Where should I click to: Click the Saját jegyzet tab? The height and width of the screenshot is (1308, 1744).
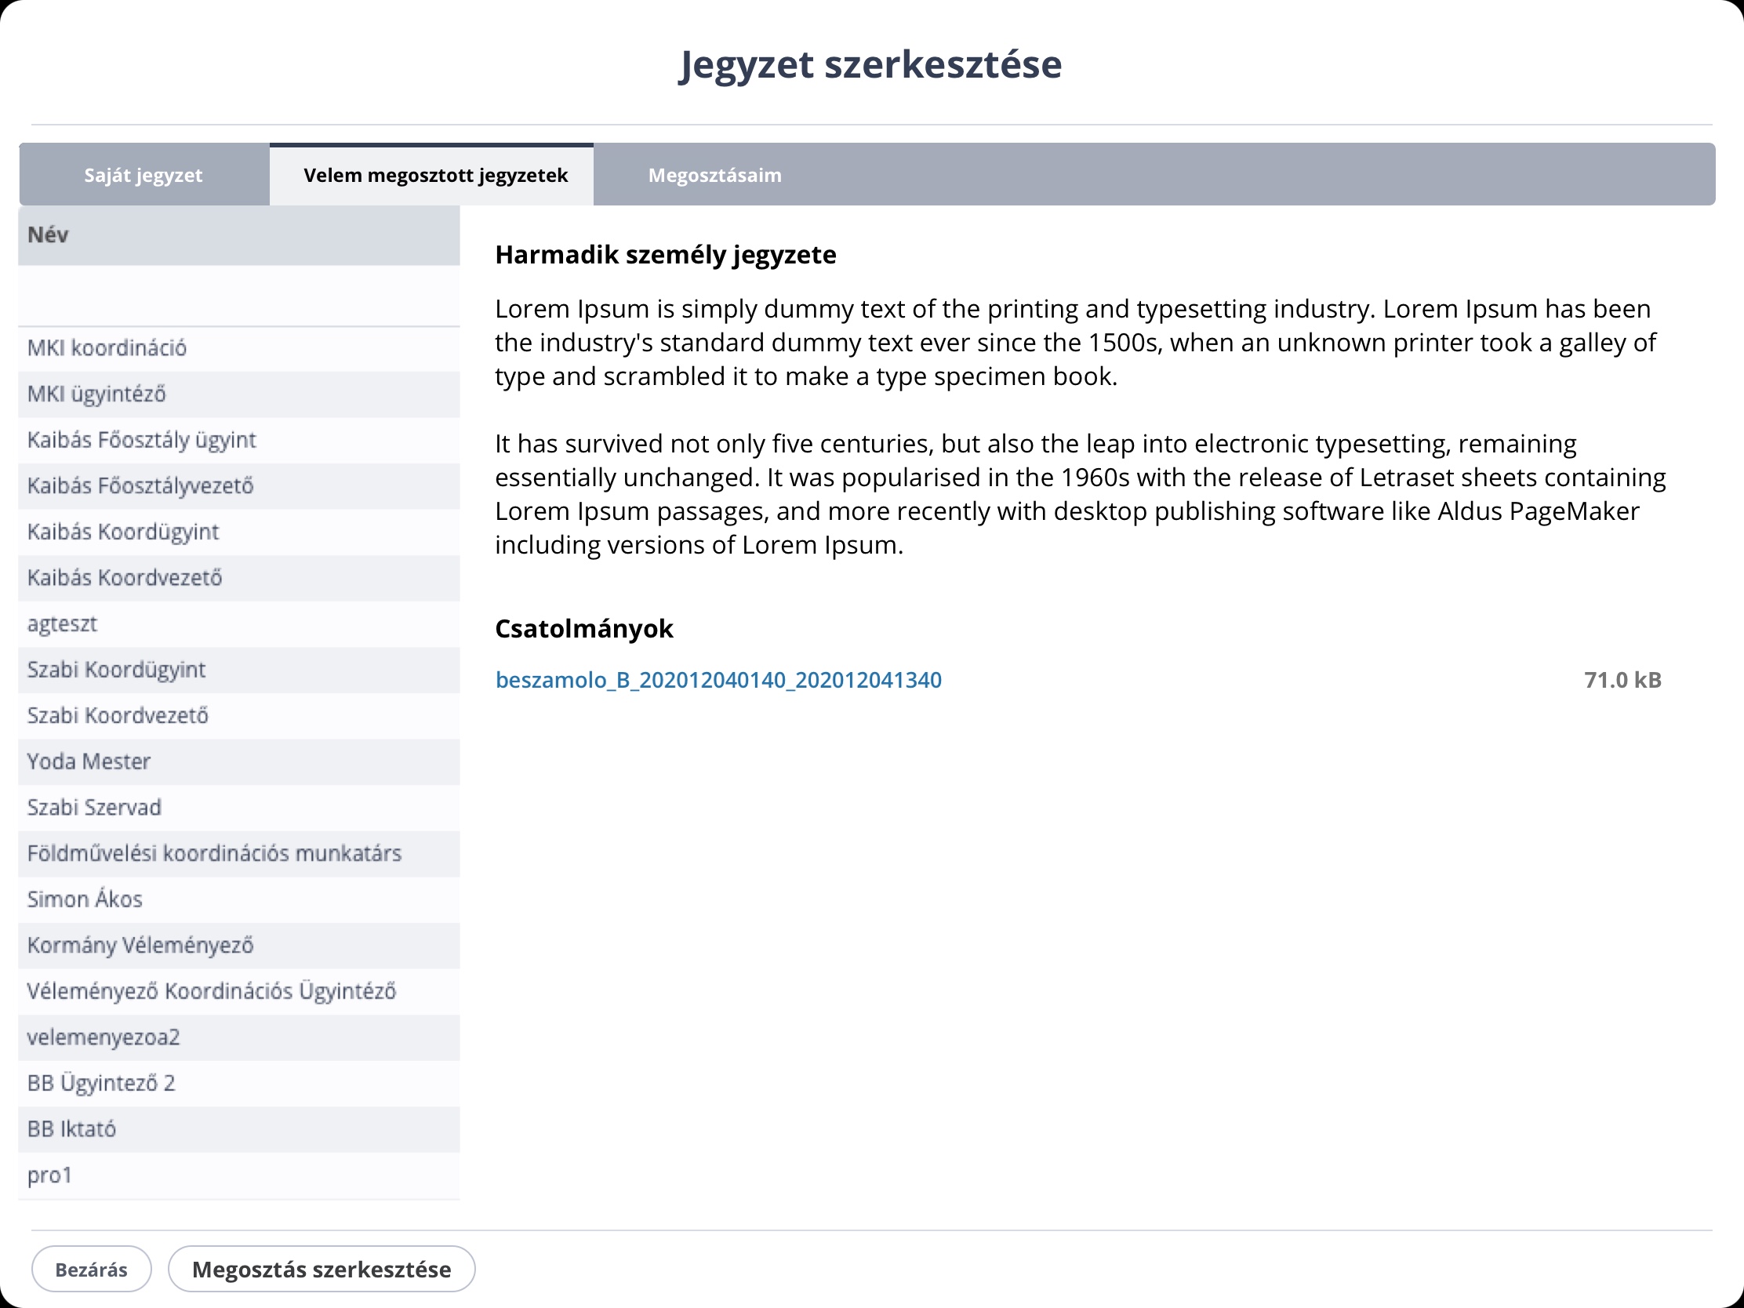click(x=144, y=175)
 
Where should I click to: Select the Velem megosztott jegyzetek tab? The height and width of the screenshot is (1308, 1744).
click(x=435, y=175)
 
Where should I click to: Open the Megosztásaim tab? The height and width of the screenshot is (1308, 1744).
click(x=714, y=175)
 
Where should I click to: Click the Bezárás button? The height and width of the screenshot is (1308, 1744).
click(x=92, y=1270)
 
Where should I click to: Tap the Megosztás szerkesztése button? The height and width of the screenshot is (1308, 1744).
click(x=322, y=1270)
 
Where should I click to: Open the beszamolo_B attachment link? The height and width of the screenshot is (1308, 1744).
click(x=718, y=680)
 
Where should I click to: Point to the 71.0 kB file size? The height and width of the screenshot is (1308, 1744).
click(x=1622, y=680)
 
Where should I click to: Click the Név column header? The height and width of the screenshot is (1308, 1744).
click(x=48, y=235)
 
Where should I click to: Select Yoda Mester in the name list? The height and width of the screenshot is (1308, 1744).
click(x=89, y=761)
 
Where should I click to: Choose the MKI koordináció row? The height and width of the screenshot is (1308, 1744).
click(x=107, y=347)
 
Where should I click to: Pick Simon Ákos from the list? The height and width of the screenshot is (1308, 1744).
click(x=85, y=899)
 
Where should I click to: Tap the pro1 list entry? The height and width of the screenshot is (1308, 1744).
click(x=49, y=1175)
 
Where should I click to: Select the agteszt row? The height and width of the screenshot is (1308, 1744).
click(x=62, y=623)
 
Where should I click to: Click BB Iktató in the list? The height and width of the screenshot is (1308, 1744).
click(x=71, y=1129)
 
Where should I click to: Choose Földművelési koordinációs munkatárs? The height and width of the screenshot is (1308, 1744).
click(x=214, y=853)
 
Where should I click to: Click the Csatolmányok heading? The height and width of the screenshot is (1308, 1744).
click(x=584, y=628)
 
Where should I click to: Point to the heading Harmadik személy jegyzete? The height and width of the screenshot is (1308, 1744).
click(x=666, y=255)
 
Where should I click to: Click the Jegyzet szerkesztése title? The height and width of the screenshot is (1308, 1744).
click(x=870, y=64)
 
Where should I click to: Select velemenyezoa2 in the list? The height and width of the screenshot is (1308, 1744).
click(x=104, y=1037)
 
